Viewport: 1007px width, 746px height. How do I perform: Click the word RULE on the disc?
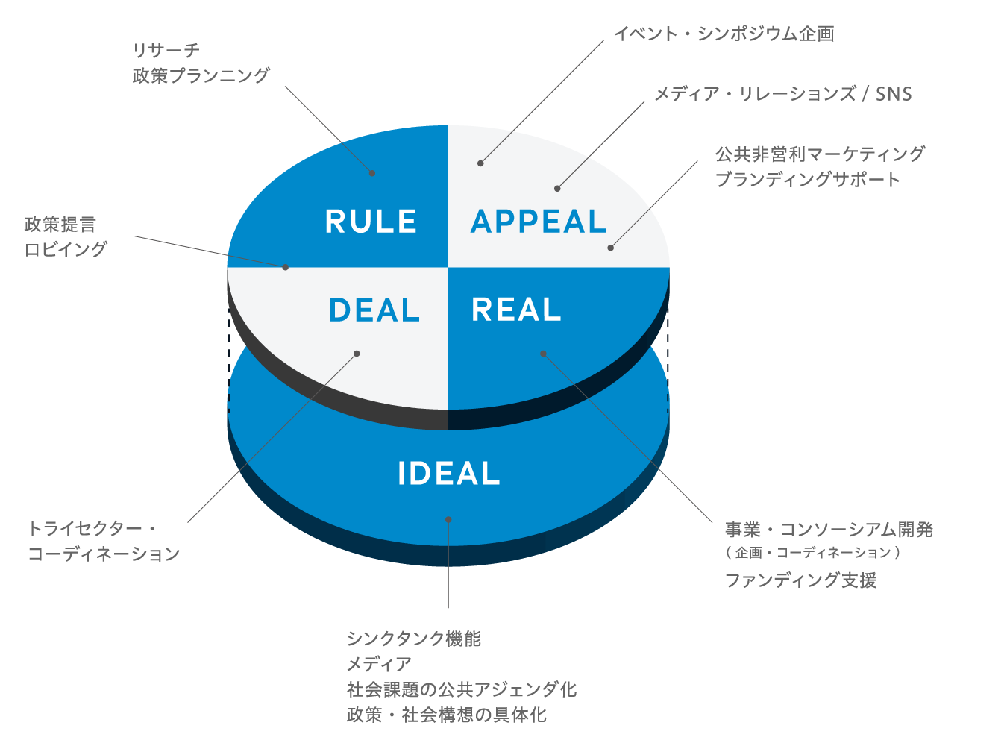click(x=371, y=222)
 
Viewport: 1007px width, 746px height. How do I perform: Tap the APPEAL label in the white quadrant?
click(x=539, y=222)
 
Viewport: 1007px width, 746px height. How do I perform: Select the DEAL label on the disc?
click(x=374, y=310)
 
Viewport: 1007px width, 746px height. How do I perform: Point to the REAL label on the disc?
click(x=516, y=310)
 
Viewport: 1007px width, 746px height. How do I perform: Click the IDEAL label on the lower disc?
click(x=448, y=474)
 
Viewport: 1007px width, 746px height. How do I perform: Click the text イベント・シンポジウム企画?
click(x=724, y=34)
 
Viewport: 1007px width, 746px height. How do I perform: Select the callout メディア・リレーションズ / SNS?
click(x=782, y=94)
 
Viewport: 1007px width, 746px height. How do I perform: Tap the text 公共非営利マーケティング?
click(x=820, y=154)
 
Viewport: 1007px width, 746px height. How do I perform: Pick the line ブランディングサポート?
click(x=807, y=179)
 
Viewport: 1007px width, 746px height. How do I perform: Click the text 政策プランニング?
click(x=201, y=75)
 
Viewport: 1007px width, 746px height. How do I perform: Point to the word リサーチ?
click(x=166, y=50)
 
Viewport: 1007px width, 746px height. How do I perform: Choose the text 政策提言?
click(x=60, y=224)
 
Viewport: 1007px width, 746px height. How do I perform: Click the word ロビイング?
click(x=66, y=249)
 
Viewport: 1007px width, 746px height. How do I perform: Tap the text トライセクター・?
click(x=92, y=528)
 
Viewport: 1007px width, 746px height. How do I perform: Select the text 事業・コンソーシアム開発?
click(x=829, y=530)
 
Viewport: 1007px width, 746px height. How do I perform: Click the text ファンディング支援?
click(x=800, y=580)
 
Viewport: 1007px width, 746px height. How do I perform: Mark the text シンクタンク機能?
click(x=414, y=639)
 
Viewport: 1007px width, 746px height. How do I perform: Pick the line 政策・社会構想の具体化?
click(x=446, y=715)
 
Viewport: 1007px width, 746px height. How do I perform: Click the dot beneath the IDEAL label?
click(x=448, y=519)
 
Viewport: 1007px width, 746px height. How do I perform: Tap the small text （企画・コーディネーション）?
click(x=813, y=553)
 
